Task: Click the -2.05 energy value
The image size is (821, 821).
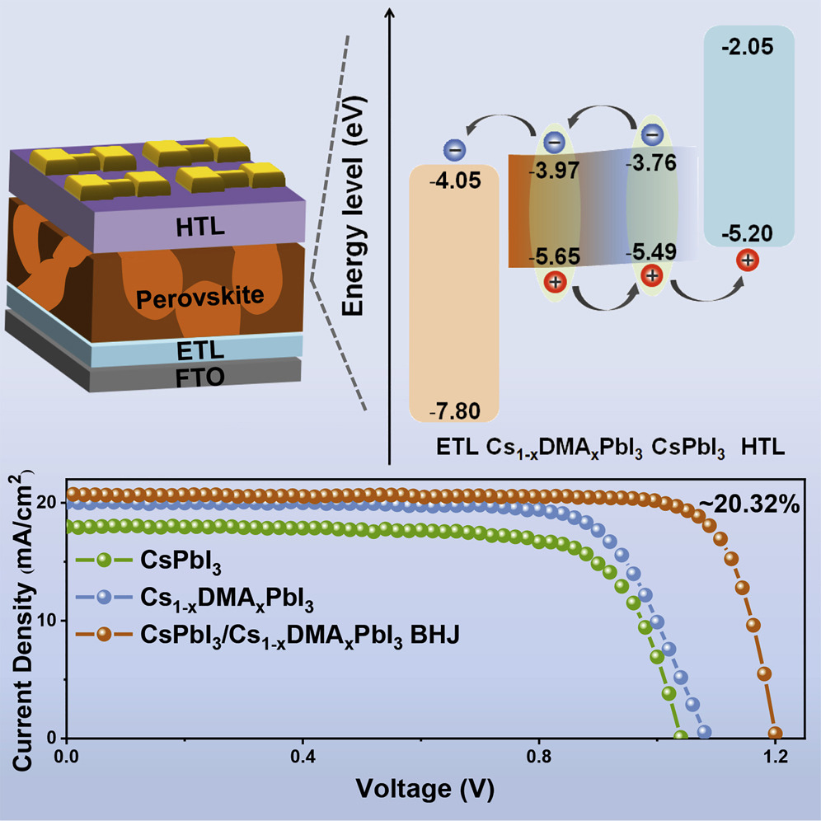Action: (746, 48)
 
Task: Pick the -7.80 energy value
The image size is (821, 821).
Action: (454, 410)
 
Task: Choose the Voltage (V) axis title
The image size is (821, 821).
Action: (425, 789)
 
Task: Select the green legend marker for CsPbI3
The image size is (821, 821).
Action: (104, 560)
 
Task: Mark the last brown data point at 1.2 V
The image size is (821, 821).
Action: (775, 733)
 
